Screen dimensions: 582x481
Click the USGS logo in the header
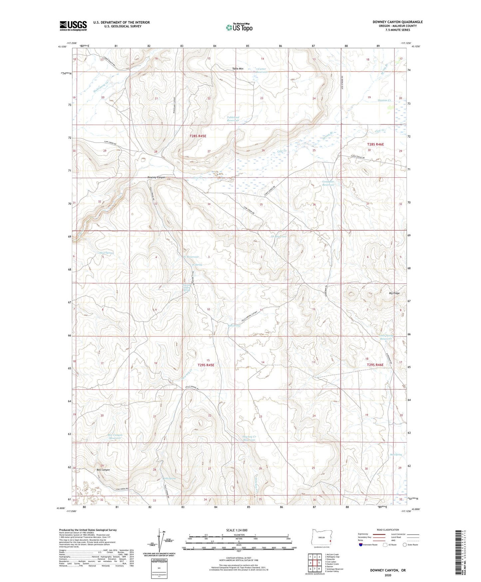tap(73, 26)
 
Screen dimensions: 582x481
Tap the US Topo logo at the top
tap(239, 27)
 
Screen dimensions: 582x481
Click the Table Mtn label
tap(238, 69)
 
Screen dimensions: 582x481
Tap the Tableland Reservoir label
tap(233, 119)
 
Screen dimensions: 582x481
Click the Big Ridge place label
tap(394, 293)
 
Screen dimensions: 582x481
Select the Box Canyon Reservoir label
tap(115, 436)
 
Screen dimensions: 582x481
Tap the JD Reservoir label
tap(278, 236)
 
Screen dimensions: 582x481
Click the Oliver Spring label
tap(106, 253)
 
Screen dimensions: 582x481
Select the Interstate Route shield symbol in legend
tap(361, 545)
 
